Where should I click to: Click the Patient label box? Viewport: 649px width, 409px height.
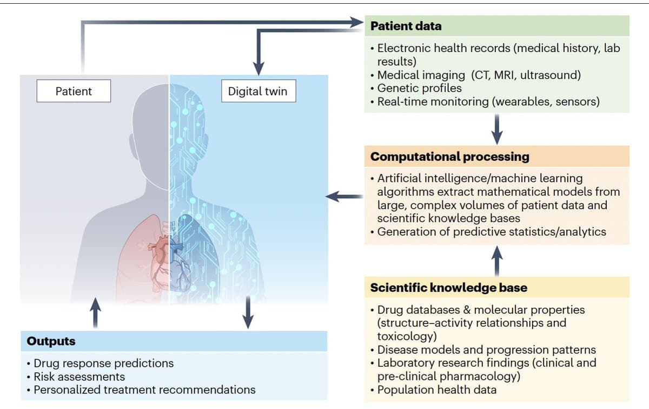74,91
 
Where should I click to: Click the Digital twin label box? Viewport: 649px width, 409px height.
257,91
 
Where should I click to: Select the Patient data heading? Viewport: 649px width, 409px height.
406,25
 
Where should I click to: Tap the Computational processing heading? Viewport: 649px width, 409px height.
449,157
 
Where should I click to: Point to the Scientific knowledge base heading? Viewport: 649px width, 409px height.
448,288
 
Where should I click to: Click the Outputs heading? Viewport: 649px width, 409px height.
51,341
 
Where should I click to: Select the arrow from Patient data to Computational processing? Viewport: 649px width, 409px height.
497,128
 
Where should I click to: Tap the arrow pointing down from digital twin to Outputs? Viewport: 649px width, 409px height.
248,312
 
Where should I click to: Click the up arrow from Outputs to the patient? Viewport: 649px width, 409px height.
95,312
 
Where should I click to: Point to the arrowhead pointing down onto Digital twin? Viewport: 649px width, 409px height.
259,66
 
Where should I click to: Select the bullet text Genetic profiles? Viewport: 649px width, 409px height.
419,88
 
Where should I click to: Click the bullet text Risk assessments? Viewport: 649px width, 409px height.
79,376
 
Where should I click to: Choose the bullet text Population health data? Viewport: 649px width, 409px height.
436,389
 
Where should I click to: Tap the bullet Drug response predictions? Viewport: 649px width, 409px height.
103,363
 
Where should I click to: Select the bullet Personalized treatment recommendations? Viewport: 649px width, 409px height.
144,389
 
